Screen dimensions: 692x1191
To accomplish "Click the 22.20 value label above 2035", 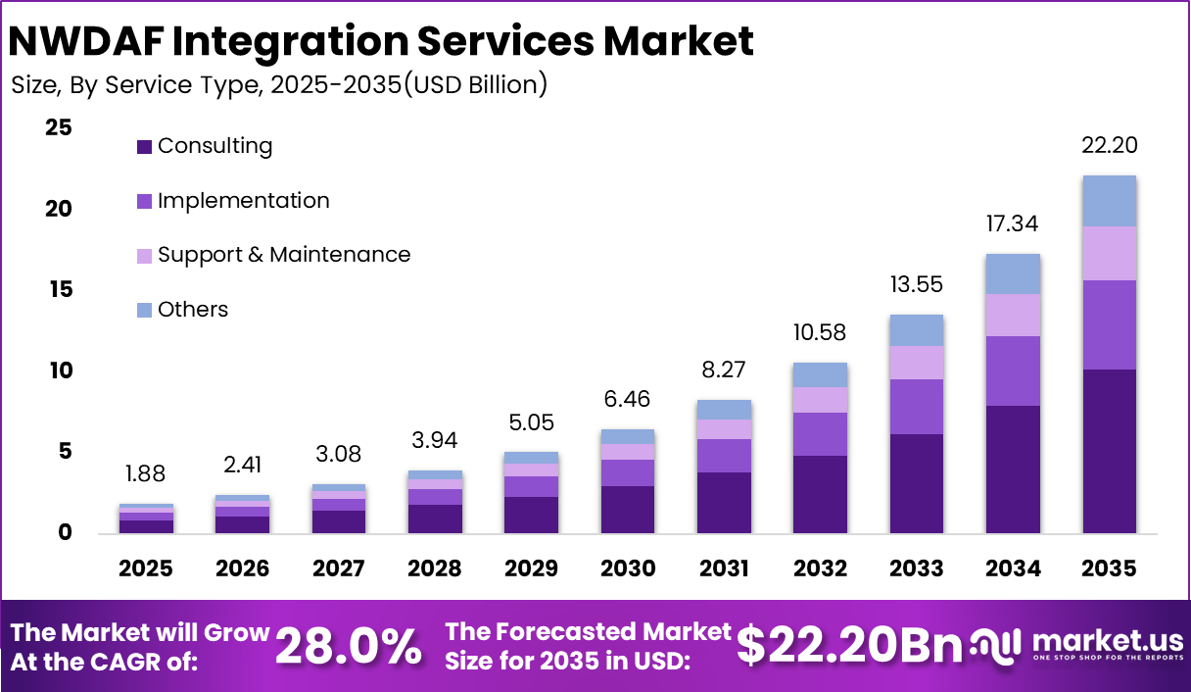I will point(1109,145).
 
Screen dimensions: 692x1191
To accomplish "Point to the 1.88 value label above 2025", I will point(146,473).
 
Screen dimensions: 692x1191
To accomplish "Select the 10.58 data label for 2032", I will point(820,332).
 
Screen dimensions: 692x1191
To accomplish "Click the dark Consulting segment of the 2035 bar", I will point(1109,451).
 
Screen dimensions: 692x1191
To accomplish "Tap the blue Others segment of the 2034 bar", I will point(1013,274).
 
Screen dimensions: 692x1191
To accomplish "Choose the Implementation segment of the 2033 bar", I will point(917,407).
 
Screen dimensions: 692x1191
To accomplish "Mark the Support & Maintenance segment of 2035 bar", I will point(1109,254).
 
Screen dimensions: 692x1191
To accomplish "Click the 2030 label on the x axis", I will point(628,568).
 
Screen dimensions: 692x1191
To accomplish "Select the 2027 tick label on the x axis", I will point(339,568).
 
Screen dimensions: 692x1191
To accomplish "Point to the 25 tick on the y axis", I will point(58,127).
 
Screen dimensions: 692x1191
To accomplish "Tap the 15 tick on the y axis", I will point(58,289).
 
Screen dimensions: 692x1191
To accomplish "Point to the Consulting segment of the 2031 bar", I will point(724,503).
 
